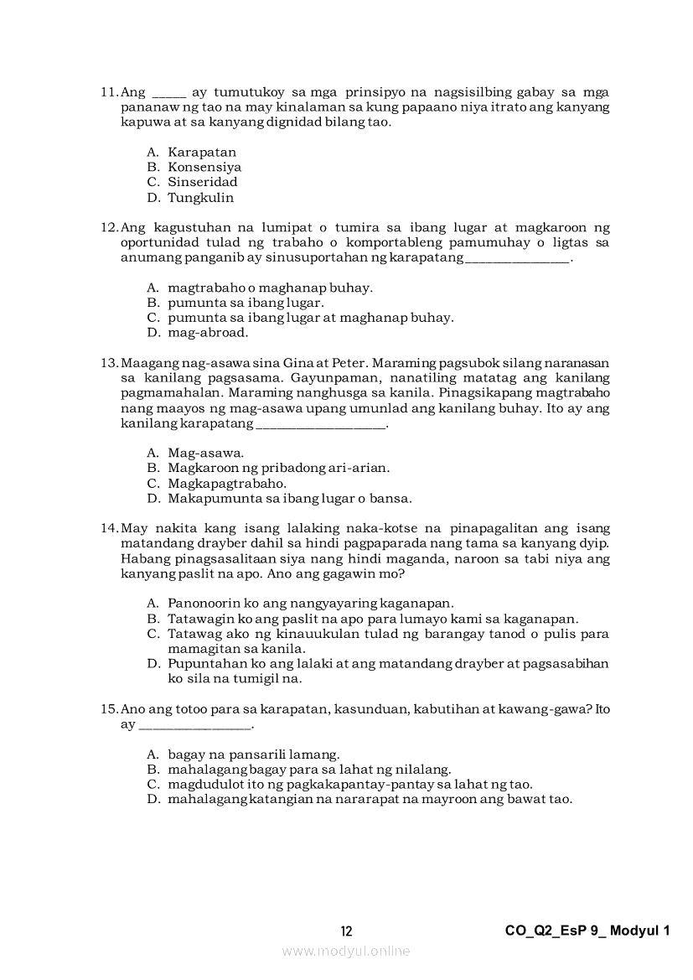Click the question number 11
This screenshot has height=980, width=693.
[110, 91]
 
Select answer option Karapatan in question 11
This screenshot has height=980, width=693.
[202, 152]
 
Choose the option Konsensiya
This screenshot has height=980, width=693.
[204, 167]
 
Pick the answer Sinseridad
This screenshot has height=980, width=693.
[202, 182]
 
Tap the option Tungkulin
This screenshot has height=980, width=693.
[200, 198]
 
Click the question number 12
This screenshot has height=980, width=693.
[110, 227]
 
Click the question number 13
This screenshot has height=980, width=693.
[110, 363]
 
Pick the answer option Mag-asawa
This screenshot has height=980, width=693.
[206, 453]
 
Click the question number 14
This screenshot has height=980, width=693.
[110, 528]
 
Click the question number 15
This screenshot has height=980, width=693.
[110, 709]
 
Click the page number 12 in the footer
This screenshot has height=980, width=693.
[347, 931]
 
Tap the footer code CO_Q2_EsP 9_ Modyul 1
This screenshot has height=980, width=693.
[588, 931]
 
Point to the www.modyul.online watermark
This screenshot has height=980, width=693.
[346, 951]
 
